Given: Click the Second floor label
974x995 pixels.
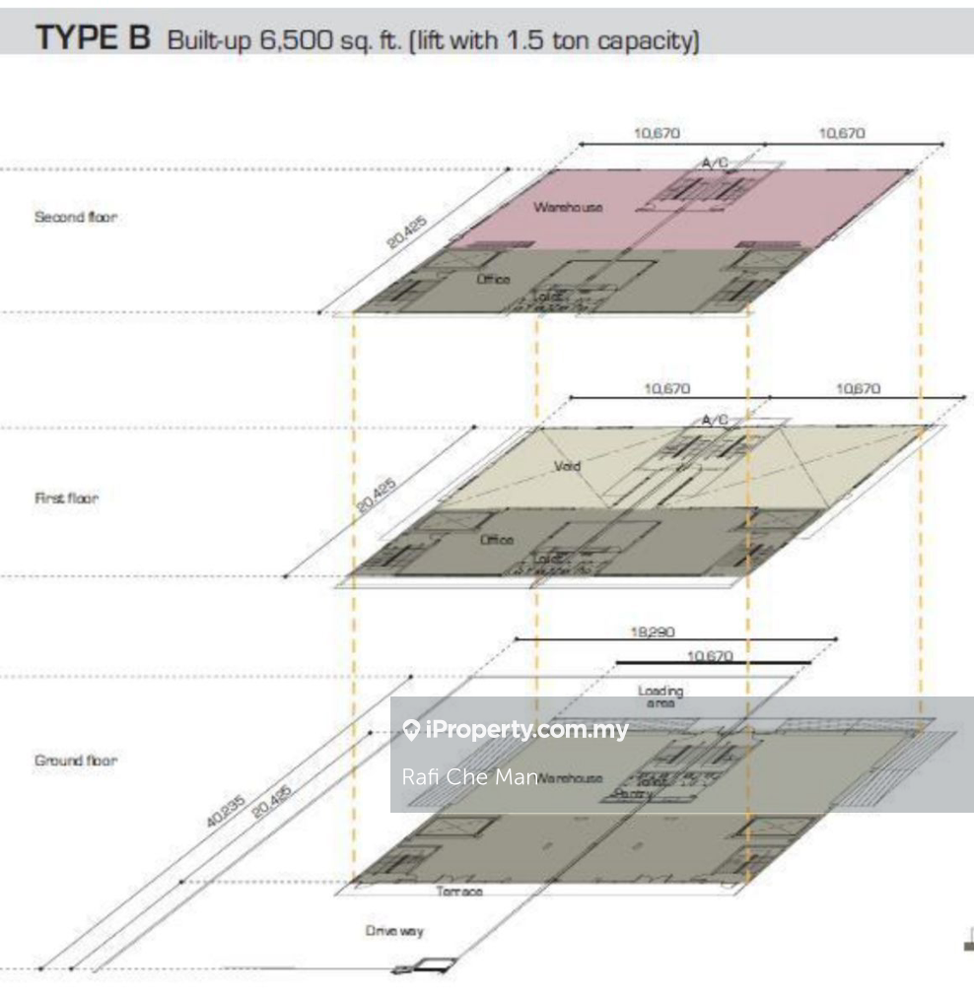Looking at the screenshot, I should (75, 217).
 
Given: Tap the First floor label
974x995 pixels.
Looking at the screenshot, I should (66, 498).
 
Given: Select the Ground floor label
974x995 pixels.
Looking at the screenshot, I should (76, 761).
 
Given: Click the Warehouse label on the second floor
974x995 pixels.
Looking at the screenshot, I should (568, 207).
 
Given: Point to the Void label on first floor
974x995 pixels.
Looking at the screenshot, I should (568, 465).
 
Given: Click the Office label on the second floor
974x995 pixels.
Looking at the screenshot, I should (495, 280).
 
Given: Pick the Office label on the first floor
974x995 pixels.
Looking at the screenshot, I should (497, 540).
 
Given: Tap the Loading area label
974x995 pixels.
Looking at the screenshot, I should (661, 696).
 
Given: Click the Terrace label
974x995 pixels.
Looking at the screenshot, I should (460, 892).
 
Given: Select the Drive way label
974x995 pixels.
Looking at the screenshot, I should (395, 931).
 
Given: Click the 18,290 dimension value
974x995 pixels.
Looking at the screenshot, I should (653, 632).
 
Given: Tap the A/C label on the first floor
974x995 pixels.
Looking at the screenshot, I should (715, 421).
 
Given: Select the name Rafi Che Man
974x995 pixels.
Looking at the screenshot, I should (469, 776).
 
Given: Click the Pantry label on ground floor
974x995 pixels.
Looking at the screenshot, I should (632, 793).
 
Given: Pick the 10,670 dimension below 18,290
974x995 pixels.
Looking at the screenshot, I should (710, 655).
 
